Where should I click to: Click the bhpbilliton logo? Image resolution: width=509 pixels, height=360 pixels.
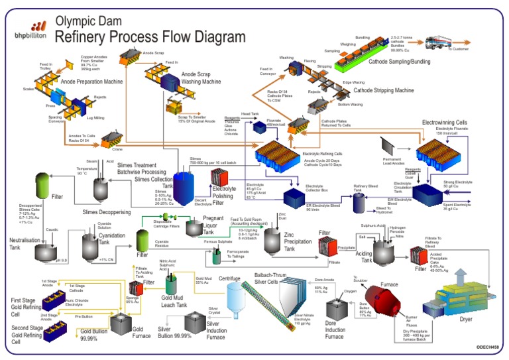(x=27, y=30)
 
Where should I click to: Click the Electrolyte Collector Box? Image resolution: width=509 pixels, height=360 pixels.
(x=296, y=197)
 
